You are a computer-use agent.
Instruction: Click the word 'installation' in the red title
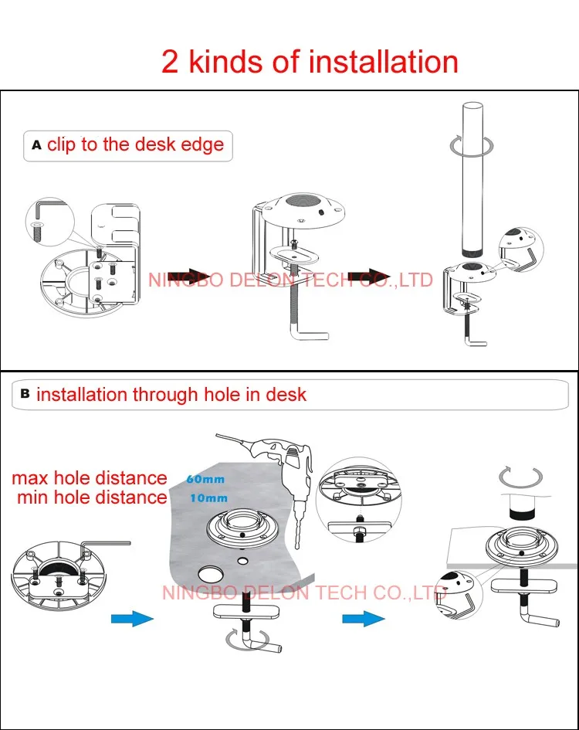[384, 62]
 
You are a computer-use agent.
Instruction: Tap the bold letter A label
[37, 145]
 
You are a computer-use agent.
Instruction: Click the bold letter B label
[25, 394]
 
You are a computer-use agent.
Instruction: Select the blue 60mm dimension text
[205, 479]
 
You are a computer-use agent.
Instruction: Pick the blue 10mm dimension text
[209, 498]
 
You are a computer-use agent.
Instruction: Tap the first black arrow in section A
[186, 277]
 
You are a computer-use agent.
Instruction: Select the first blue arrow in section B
[132, 619]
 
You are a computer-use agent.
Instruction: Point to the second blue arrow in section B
[364, 619]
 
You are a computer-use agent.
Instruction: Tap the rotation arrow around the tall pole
[472, 146]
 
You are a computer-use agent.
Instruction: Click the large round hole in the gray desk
[211, 576]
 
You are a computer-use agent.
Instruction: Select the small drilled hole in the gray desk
[242, 561]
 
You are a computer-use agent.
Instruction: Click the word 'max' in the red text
[30, 479]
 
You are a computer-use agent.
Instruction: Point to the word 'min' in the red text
[32, 497]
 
